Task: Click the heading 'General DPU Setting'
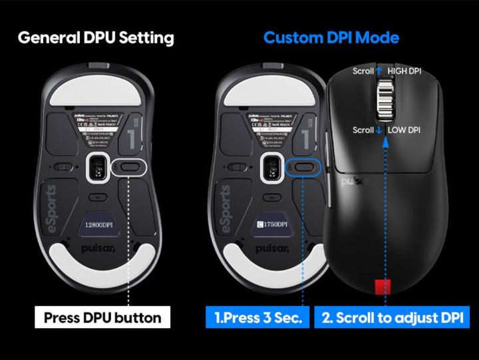pyautogui.click(x=96, y=37)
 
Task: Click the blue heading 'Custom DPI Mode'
pyautogui.click(x=331, y=37)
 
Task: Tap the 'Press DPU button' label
pyautogui.click(x=102, y=317)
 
